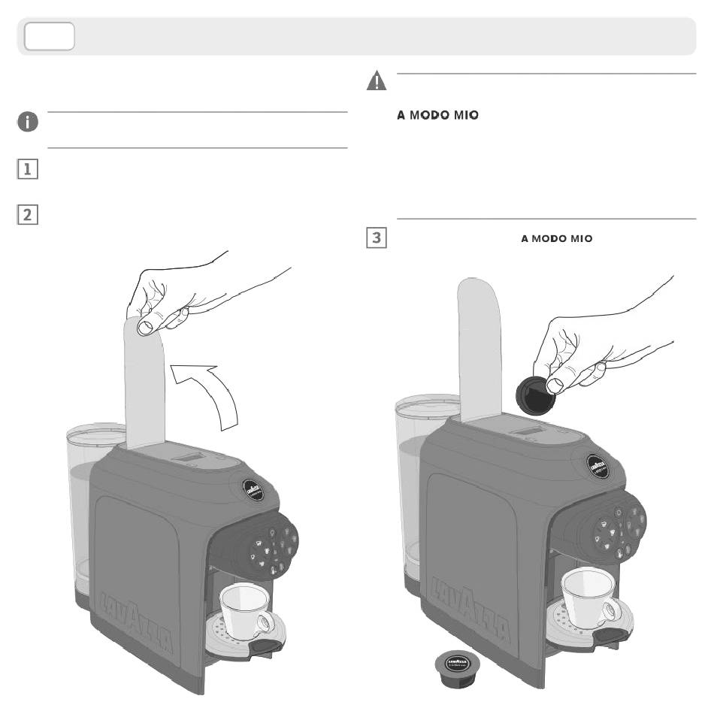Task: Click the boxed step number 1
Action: coord(27,169)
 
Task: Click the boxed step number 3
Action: coord(376,239)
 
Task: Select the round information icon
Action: coord(28,123)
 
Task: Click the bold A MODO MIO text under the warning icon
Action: coord(437,116)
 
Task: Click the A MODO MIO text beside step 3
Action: coord(557,239)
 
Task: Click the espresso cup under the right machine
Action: coord(589,594)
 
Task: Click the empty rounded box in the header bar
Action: coord(50,36)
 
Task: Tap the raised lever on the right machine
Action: coord(478,346)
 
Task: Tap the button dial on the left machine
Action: coord(270,546)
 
